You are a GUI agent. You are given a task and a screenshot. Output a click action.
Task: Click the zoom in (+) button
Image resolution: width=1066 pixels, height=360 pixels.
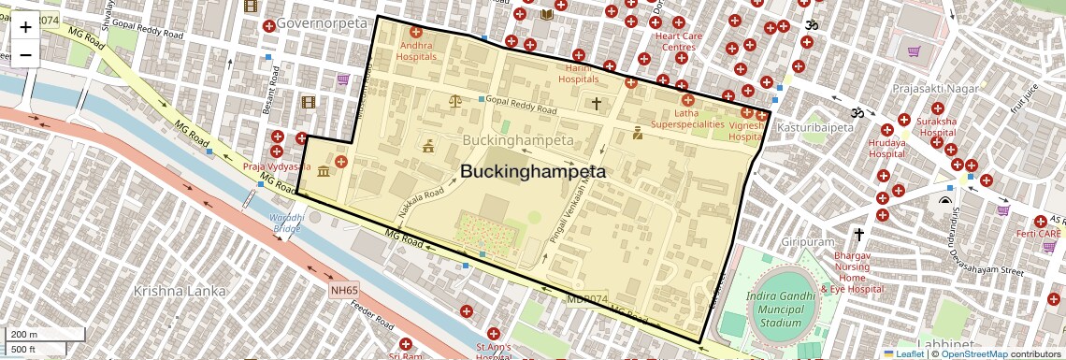pos(25,27)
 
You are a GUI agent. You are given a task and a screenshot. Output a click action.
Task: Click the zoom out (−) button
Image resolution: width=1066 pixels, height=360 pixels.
pos(25,54)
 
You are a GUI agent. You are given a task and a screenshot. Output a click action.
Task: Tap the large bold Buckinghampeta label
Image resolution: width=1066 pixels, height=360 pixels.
pos(532,172)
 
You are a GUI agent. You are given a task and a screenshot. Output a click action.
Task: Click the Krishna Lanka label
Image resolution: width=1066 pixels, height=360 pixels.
pos(180,291)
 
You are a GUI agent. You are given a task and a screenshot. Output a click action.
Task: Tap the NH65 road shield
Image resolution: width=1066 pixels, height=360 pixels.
pos(343,291)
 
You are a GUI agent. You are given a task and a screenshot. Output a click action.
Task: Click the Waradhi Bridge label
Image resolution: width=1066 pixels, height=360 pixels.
pos(286,223)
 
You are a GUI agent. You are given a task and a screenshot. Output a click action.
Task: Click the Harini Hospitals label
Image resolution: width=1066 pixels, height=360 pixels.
pos(578,74)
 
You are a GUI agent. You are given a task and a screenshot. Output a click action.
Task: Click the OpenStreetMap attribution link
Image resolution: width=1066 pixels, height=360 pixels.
pos(973,353)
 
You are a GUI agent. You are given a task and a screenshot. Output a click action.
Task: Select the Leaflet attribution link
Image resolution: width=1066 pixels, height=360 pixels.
pos(903,353)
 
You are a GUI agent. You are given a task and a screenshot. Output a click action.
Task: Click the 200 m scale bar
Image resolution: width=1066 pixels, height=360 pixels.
pos(34,335)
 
